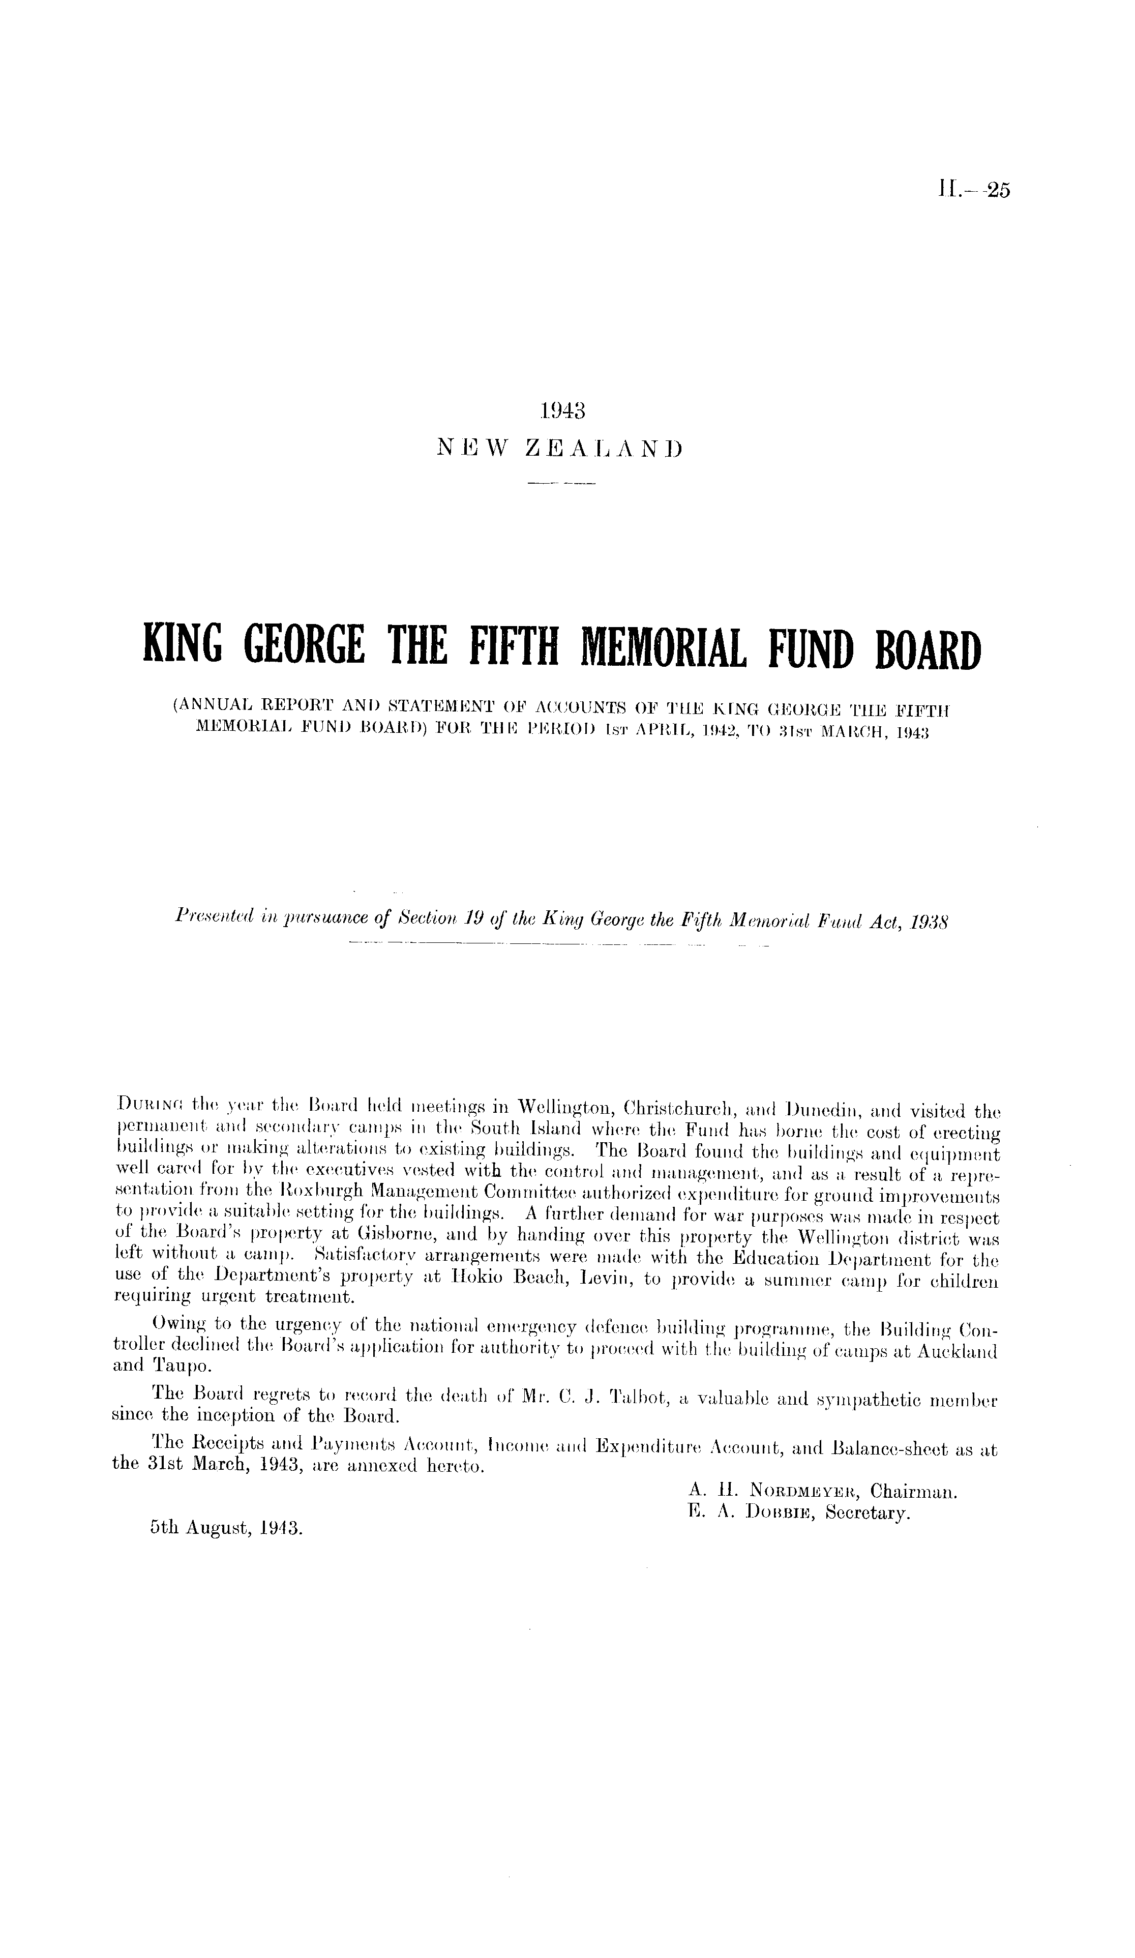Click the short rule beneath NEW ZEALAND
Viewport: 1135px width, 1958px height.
560,486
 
